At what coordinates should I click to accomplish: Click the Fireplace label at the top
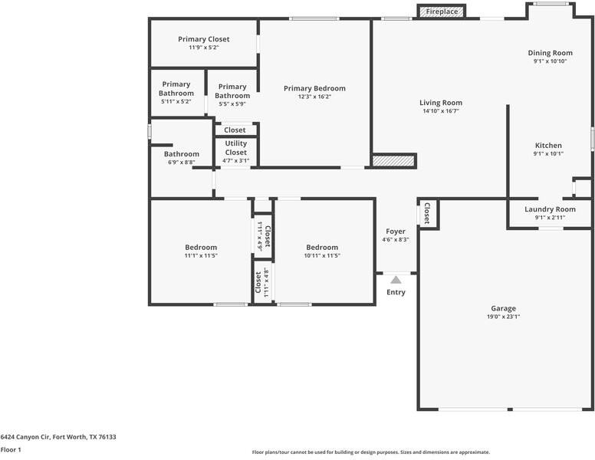click(x=442, y=11)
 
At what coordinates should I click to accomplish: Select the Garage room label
click(x=504, y=308)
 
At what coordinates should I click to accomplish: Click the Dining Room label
click(x=550, y=53)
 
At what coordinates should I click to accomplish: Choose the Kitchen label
click(x=548, y=146)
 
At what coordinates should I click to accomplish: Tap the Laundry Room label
click(x=550, y=209)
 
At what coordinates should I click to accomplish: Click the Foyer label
click(x=396, y=232)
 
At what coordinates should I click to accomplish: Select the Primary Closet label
click(x=204, y=39)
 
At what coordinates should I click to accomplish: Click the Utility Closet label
click(x=236, y=147)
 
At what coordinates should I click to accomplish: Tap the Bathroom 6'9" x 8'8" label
click(x=181, y=154)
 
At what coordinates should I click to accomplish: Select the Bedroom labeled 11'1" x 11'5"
click(x=201, y=248)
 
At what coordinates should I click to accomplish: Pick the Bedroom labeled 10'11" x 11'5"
click(x=322, y=248)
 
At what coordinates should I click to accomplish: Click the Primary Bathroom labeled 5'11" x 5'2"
click(x=176, y=89)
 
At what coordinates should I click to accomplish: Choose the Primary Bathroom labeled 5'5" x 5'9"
click(x=232, y=91)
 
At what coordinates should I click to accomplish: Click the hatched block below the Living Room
click(x=393, y=160)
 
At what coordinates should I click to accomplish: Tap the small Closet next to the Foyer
click(x=427, y=214)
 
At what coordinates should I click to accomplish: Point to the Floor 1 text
click(x=11, y=450)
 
